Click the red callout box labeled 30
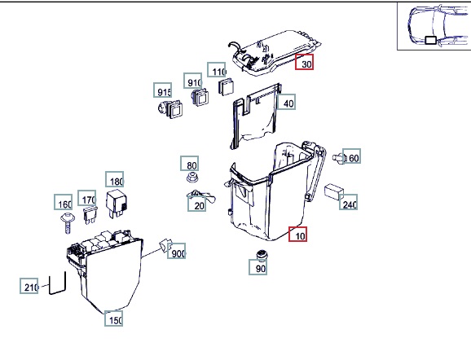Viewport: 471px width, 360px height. pos(304,62)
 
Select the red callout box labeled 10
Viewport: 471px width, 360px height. pos(297,234)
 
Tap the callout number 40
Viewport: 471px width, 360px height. pos(286,102)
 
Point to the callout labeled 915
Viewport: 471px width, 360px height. pos(162,90)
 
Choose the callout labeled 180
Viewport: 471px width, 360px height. pos(114,179)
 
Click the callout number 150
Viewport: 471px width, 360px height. pos(113,318)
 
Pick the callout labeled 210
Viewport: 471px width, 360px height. pos(29,286)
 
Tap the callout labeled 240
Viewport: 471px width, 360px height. pos(349,202)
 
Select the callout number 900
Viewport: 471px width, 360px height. pos(176,251)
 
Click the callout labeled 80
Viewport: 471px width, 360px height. pos(190,164)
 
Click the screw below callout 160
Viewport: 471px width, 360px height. pos(68,222)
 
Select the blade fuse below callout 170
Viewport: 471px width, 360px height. pos(90,215)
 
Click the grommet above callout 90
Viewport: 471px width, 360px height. pos(262,255)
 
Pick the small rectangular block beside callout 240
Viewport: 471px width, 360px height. pos(334,191)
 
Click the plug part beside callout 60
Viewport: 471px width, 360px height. pos(339,158)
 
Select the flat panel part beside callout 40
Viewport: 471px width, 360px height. pos(256,116)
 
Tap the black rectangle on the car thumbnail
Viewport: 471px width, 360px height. pos(431,40)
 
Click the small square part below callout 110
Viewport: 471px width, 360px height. pos(226,87)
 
